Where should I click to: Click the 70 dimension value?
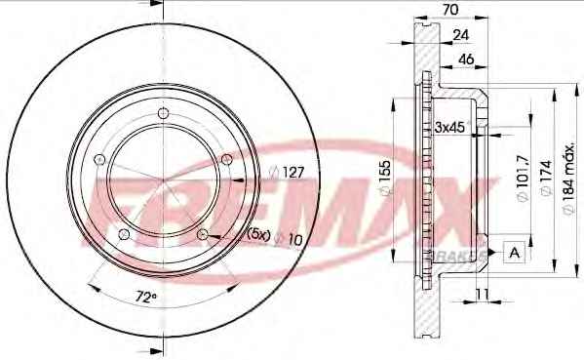coord(450,10)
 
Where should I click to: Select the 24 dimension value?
coord(461,35)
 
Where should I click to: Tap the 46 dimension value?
coord(466,59)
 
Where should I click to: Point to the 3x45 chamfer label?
coord(450,127)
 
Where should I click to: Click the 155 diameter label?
coord(385,178)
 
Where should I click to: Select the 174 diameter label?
coord(546,178)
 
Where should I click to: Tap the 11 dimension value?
coord(482,294)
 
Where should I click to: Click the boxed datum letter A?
coord(515,253)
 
